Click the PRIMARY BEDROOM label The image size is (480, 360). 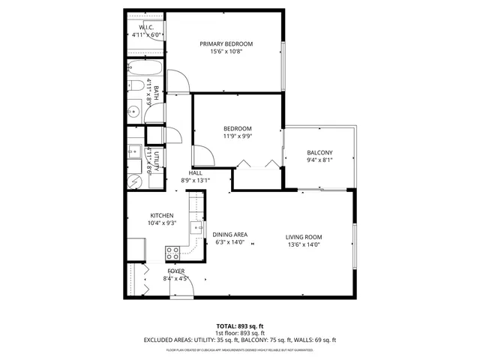click(226, 44)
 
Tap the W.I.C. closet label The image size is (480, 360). click(146, 28)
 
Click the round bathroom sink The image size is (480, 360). click(133, 112)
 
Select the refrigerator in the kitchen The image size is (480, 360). click(136, 248)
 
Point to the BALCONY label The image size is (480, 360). click(319, 153)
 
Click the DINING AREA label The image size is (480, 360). click(230, 234)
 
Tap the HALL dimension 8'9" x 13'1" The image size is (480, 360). click(196, 180)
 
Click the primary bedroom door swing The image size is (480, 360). click(178, 81)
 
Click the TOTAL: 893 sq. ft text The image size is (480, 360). click(239, 327)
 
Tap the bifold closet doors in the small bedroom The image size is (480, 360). click(259, 163)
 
